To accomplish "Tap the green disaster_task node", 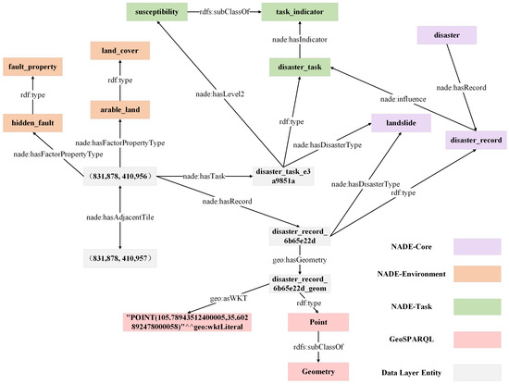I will pyautogui.click(x=298, y=68).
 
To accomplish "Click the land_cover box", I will pyautogui.click(x=114, y=54).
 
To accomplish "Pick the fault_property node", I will pyautogui.click(x=31, y=68).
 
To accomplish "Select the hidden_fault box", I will pyautogui.click(x=31, y=122).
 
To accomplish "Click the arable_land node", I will pyautogui.click(x=114, y=109).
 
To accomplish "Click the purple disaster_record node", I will pyautogui.click(x=476, y=140).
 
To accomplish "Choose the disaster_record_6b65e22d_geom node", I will pyautogui.click(x=299, y=282).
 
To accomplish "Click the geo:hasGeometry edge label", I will pyautogui.click(x=298, y=261).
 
